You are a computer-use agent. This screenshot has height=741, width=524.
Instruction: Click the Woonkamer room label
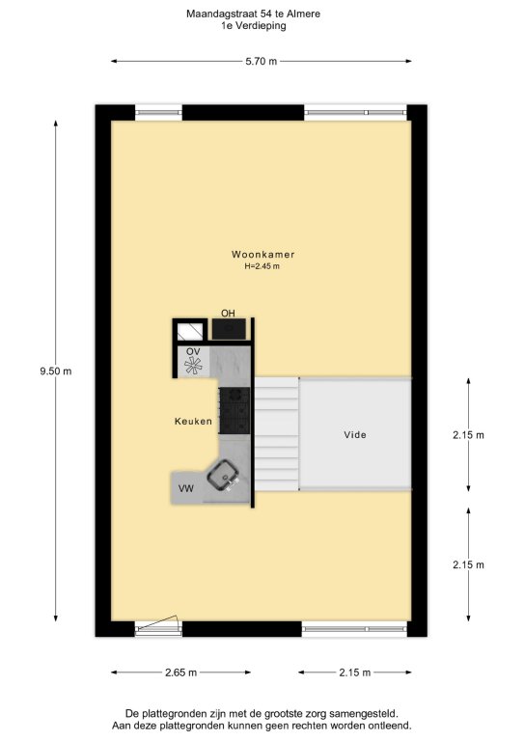point(262,255)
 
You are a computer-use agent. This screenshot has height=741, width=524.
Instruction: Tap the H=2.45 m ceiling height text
point(262,266)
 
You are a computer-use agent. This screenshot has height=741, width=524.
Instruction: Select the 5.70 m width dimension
point(262,61)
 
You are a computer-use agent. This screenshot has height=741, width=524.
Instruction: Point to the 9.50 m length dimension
point(56,370)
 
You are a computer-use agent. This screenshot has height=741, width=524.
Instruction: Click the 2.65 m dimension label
point(181,672)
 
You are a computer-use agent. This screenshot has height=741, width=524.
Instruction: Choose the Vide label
point(355,435)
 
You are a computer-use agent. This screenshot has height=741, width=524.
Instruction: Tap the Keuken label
point(193,421)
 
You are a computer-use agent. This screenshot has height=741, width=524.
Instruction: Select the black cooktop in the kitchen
point(234,411)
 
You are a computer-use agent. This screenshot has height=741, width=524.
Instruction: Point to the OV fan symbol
point(193,366)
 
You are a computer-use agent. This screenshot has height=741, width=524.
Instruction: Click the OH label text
point(228,313)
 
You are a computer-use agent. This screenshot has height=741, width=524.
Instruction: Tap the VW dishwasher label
point(185,488)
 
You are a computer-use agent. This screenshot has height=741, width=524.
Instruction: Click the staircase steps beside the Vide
point(277,434)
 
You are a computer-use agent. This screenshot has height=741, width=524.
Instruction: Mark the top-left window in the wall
point(159,113)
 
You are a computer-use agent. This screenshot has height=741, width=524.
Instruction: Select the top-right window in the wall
point(355,113)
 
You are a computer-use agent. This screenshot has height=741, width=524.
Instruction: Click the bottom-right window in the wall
point(354,629)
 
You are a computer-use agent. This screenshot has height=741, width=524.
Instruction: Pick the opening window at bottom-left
point(158,625)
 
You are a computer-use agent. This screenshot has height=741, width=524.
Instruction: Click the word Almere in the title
point(303,14)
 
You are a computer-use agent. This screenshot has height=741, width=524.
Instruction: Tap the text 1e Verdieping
point(254,25)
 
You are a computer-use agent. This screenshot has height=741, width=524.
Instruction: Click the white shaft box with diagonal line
point(190,331)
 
